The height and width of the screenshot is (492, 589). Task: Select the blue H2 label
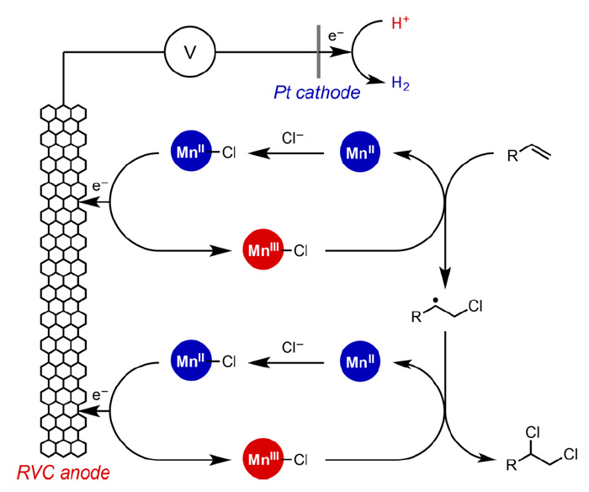click(x=401, y=83)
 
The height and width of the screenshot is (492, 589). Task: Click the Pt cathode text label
click(x=316, y=92)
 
